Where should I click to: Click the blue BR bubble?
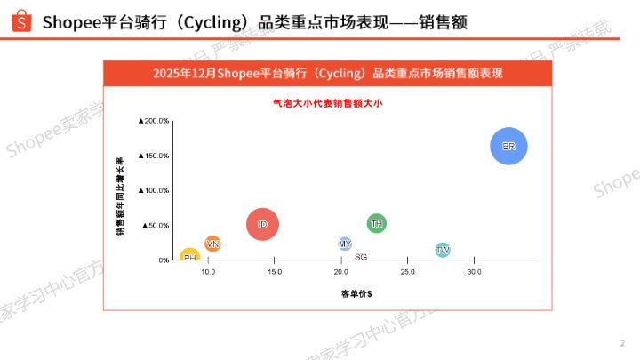(508, 147)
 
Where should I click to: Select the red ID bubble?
(262, 225)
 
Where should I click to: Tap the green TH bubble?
(376, 223)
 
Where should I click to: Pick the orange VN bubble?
(212, 244)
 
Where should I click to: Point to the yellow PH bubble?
(189, 257)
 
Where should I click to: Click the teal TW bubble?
(443, 251)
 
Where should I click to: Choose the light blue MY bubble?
(345, 244)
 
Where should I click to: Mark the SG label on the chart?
(361, 257)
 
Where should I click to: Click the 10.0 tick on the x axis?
(208, 272)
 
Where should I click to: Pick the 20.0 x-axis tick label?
(340, 272)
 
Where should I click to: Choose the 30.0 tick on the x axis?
(474, 272)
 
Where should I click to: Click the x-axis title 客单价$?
(356, 292)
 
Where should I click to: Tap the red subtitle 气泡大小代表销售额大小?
(327, 103)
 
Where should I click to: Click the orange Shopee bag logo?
(21, 20)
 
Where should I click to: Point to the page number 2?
(622, 343)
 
